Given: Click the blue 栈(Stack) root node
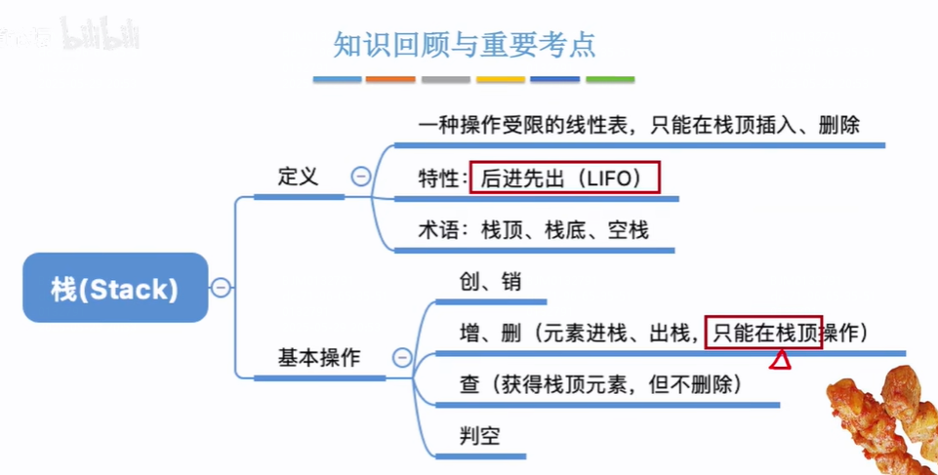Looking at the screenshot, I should [115, 288].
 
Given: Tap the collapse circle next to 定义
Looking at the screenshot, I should [361, 177].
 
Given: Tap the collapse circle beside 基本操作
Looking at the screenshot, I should [401, 357].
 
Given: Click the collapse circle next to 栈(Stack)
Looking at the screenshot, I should [222, 287].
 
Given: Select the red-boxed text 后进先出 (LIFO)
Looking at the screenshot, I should [565, 178].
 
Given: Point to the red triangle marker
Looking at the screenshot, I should [780, 361].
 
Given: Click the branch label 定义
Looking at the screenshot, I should [298, 177].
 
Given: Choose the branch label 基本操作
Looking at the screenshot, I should [318, 358].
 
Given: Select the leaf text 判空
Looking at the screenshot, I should [479, 435].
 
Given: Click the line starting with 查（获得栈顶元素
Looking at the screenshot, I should [601, 383].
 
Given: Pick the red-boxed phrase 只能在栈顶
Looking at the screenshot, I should [766, 332].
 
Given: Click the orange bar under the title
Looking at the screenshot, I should [390, 79].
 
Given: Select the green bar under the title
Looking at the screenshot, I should [610, 79].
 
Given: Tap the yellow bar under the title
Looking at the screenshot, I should [501, 79].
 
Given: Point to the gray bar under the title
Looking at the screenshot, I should [446, 79].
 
